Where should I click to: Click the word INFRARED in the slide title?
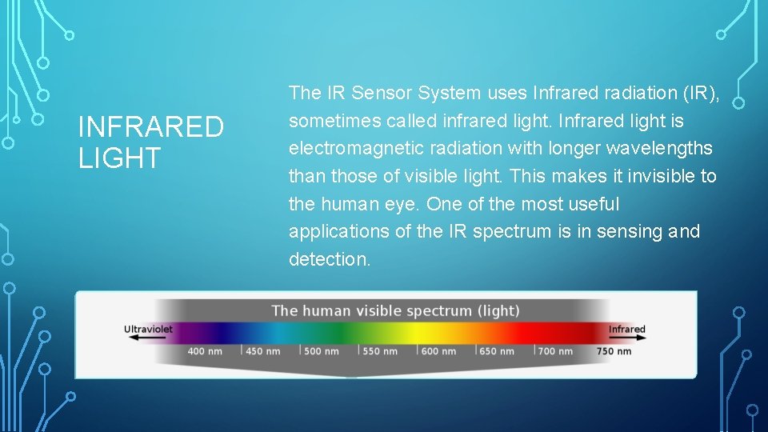click(x=151, y=127)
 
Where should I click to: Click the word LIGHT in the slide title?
click(x=119, y=158)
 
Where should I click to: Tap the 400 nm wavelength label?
click(x=205, y=351)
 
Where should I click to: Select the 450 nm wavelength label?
click(x=263, y=351)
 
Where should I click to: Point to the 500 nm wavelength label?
click(x=322, y=351)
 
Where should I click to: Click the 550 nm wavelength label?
click(x=380, y=351)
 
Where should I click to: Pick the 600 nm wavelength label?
click(x=438, y=351)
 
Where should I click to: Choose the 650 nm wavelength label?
click(x=497, y=351)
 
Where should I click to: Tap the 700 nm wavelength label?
click(x=555, y=351)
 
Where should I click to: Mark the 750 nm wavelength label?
click(x=614, y=351)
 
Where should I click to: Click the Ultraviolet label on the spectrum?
click(x=148, y=329)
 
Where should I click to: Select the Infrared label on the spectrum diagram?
click(x=626, y=329)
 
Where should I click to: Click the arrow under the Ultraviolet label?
click(x=141, y=338)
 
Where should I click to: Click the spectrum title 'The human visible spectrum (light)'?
click(x=395, y=310)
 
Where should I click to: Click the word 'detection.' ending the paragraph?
click(x=330, y=259)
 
